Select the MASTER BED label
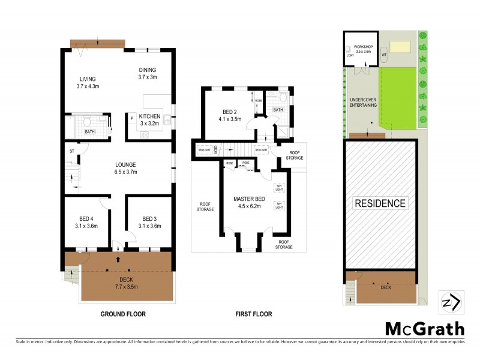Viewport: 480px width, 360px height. (248, 202)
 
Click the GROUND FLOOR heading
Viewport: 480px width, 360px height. (122, 314)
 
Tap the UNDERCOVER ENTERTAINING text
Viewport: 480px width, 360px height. (363, 102)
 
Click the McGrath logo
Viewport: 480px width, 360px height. (424, 328)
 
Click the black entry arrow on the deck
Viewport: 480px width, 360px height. (118, 260)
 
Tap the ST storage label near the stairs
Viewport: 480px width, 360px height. (72, 151)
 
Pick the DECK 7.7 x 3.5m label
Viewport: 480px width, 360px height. (126, 283)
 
